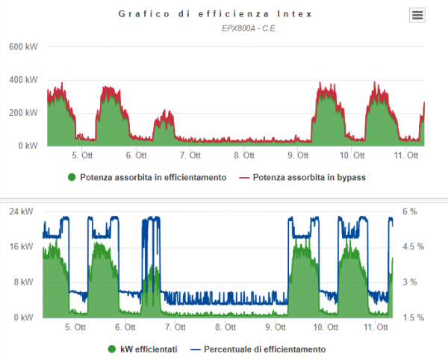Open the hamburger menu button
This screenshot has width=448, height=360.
417,15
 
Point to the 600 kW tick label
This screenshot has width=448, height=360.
23,46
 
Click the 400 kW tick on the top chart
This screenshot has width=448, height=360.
23,79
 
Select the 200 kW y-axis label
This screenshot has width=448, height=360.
23,113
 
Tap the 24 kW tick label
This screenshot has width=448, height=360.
21,211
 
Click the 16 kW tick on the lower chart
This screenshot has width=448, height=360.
21,246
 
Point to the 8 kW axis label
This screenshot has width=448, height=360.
23,282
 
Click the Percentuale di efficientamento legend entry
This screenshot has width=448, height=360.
258,349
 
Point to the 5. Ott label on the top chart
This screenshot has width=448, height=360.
82,156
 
